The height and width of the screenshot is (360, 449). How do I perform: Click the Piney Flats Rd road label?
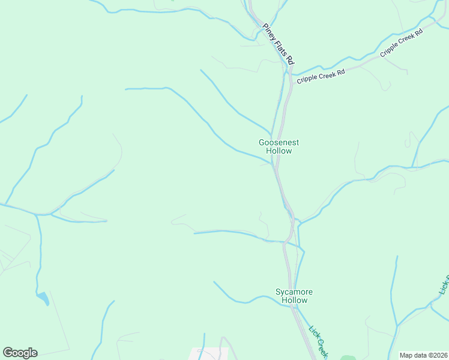point(279,44)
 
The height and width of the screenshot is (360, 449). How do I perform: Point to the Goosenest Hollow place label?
point(279,147)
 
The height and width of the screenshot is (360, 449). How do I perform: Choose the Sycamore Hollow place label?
point(294,296)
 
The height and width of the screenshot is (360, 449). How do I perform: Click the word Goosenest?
point(279,143)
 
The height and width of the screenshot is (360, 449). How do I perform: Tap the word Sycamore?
point(294,292)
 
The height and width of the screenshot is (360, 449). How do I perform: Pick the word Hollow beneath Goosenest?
point(279,151)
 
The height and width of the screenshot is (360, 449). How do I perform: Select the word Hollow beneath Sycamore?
point(294,301)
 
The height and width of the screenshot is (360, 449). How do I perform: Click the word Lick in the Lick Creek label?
point(313,331)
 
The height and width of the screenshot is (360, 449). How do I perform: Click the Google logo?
point(20,353)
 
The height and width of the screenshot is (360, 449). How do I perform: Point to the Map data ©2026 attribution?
point(423,355)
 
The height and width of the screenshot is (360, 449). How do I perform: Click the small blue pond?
point(43,298)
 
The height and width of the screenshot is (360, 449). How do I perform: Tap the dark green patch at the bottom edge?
point(348,358)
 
